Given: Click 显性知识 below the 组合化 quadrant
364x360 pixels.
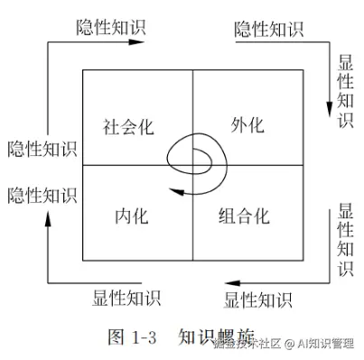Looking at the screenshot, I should (x=257, y=298).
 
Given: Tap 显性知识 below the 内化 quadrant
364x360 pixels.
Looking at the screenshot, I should (x=126, y=298).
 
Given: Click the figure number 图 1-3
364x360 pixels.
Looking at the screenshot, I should (x=133, y=337).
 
